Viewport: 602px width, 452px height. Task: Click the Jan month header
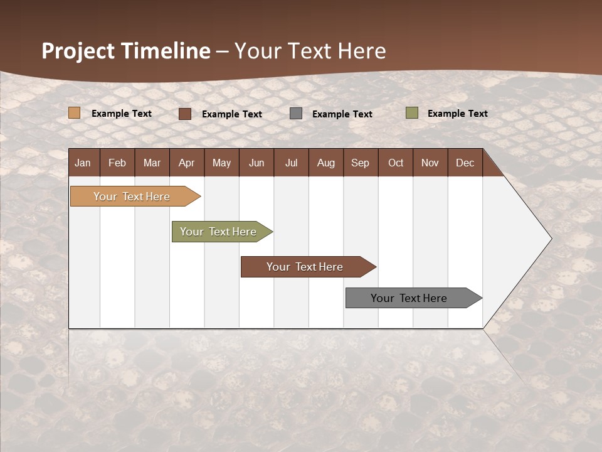coord(83,163)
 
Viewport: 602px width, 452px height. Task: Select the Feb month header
coord(117,163)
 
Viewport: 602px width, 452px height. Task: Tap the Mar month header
coord(152,163)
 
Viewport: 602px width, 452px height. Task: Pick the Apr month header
coord(187,163)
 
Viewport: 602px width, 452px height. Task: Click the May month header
coord(221,163)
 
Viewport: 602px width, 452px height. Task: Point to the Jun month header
coord(256,163)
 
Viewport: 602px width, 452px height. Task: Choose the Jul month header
coord(291,163)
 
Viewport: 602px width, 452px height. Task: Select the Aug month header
coord(326,163)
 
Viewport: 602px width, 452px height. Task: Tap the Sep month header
coord(361,163)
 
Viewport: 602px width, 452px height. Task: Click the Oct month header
coord(396,163)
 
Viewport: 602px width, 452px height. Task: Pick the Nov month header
coord(430,163)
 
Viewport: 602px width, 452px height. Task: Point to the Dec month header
coord(465,163)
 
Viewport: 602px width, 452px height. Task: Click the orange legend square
coord(75,113)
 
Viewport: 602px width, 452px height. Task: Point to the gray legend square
coord(296,114)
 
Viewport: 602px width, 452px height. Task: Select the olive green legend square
coord(412,113)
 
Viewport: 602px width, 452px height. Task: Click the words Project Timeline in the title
coord(126,51)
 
